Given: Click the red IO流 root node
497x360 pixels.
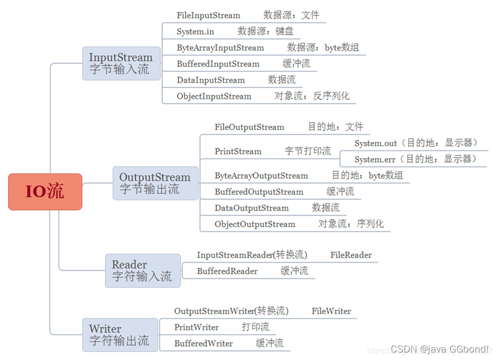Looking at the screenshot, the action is point(45,192).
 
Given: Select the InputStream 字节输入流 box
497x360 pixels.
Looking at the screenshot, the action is point(121,63).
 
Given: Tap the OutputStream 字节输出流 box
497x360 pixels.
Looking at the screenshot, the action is point(155,183).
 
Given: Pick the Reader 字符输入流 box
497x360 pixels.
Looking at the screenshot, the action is point(142,270).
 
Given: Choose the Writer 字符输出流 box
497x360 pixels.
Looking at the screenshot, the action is point(119,335).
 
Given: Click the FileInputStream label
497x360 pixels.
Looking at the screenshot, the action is point(209,16).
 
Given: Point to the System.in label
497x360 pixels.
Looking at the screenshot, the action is point(195,32).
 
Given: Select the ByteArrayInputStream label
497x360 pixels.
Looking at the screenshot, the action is point(220,48).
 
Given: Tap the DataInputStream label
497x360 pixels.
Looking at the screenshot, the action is point(211,80).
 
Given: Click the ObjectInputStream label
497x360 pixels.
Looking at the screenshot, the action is point(214,96).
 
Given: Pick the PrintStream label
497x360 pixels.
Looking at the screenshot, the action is point(238,151).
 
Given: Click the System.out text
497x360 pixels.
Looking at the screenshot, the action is point(376,143).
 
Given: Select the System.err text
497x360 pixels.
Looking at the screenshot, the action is point(375,159).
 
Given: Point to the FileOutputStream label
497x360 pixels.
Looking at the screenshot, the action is point(249,127).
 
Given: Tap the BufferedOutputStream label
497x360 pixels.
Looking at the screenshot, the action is point(259,192).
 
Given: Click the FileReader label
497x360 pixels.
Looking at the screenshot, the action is point(351,255).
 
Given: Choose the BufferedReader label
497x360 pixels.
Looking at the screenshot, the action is point(227,271).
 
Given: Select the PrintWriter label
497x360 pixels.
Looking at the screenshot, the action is point(197,327).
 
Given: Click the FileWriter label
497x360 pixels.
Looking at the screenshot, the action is point(332,311).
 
